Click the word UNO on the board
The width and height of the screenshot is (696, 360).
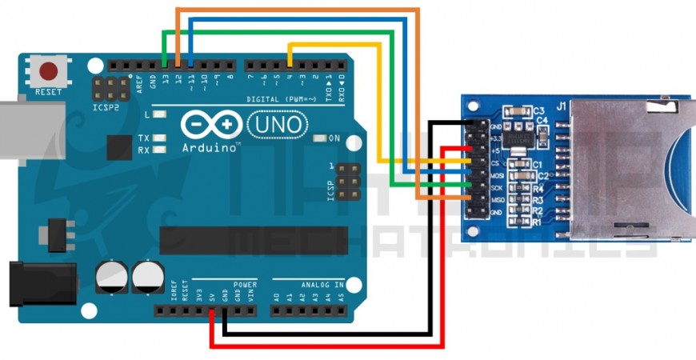(x=277, y=124)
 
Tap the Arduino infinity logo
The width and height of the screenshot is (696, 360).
(x=210, y=125)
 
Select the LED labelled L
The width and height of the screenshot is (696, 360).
(x=160, y=115)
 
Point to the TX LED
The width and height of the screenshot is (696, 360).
(x=160, y=138)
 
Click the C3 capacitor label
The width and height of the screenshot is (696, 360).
(x=538, y=110)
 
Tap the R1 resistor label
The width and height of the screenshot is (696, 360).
(x=538, y=222)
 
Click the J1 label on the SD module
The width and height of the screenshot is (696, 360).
(x=562, y=105)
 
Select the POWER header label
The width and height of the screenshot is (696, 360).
(x=245, y=284)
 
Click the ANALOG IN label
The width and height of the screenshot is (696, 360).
(x=322, y=284)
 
